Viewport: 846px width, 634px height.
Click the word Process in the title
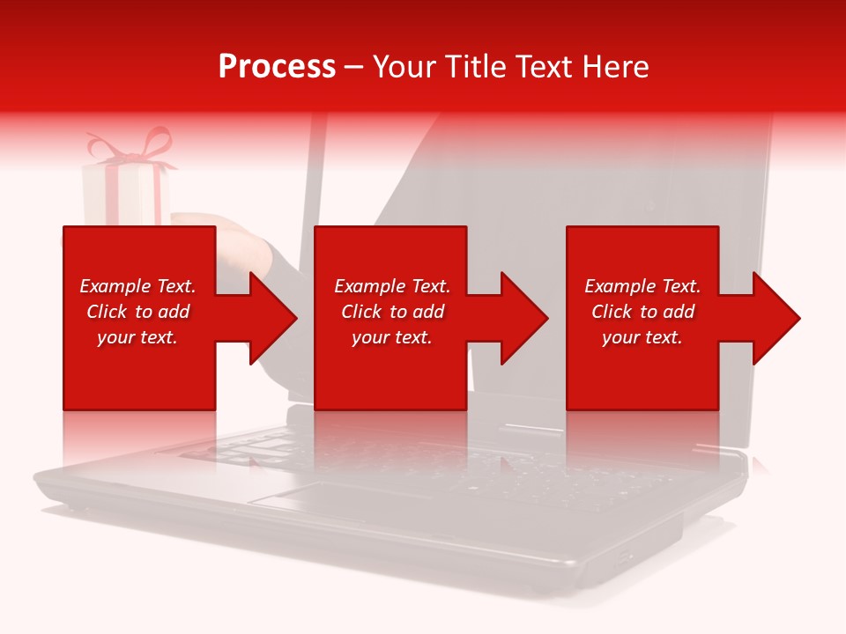tap(277, 67)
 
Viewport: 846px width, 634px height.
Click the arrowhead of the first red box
tap(273, 318)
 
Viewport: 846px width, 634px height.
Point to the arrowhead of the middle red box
tap(524, 318)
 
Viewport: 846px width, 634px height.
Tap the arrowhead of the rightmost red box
tap(776, 318)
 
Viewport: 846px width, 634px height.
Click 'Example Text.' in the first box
tap(137, 286)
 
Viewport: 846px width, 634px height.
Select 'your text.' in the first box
tap(137, 337)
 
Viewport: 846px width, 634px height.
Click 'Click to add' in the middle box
tap(392, 312)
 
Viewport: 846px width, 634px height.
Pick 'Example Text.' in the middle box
tap(392, 286)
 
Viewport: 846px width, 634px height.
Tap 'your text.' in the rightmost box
tap(642, 337)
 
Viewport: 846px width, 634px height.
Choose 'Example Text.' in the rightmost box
tap(642, 286)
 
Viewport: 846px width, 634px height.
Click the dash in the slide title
tap(354, 67)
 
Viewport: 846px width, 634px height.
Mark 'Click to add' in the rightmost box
tap(642, 312)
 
